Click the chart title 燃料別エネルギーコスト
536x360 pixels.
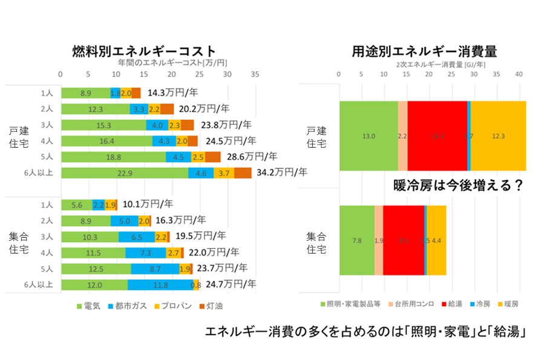(143, 50)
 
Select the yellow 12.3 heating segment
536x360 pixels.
(498, 136)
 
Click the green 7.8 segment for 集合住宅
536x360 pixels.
(357, 240)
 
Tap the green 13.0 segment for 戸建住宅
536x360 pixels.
(368, 136)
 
